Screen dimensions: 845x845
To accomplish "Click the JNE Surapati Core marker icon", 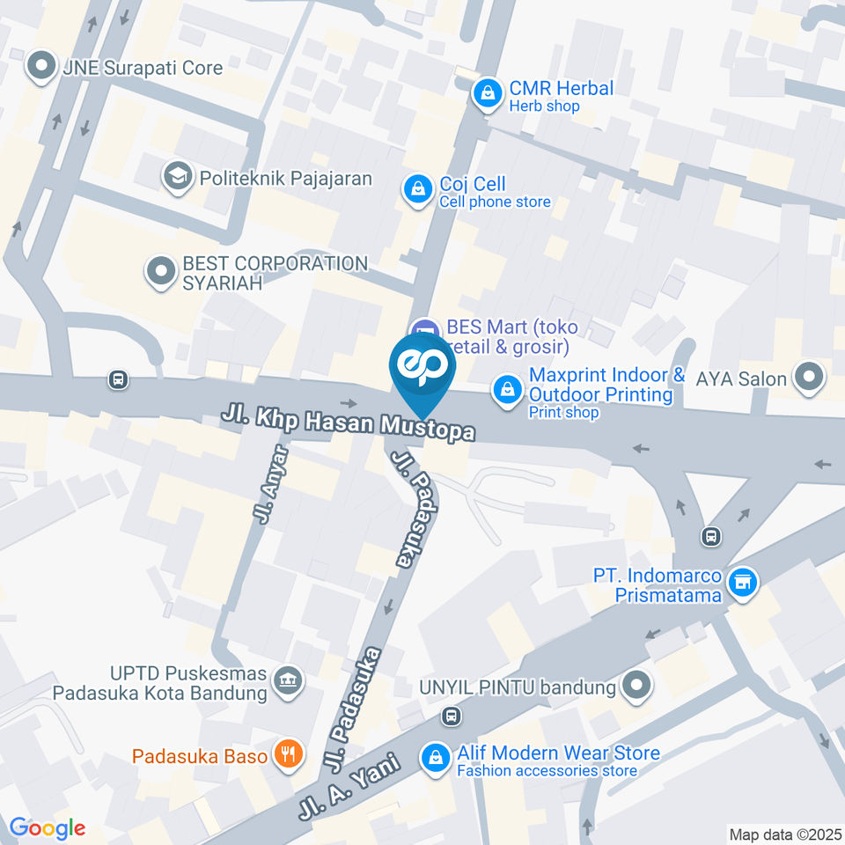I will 40,67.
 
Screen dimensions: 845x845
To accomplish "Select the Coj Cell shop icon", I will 416,189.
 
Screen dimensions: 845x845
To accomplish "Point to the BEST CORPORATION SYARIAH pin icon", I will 160,272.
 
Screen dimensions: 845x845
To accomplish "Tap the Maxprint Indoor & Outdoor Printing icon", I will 506,387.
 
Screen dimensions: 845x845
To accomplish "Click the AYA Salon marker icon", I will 806,378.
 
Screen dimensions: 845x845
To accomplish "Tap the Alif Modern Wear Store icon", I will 435,758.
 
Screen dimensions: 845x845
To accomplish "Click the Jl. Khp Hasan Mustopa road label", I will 349,422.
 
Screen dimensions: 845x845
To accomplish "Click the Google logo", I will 47,828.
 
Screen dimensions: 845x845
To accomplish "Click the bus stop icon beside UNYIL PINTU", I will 452,716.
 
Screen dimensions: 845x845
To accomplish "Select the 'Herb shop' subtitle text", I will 544,107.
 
